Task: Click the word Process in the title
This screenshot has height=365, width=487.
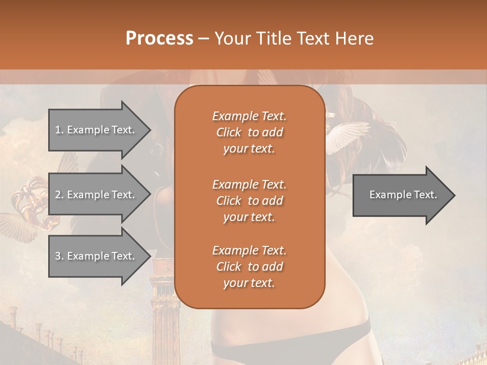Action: [159, 39]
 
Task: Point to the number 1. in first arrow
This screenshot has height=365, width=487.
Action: [59, 130]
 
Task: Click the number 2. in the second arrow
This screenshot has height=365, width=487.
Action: [59, 195]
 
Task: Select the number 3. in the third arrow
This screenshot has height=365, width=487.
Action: [59, 256]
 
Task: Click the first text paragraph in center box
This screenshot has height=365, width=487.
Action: [249, 132]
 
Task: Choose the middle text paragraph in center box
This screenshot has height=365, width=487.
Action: [249, 200]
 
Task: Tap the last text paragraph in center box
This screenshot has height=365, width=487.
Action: [249, 267]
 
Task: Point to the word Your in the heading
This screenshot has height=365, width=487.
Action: [233, 39]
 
